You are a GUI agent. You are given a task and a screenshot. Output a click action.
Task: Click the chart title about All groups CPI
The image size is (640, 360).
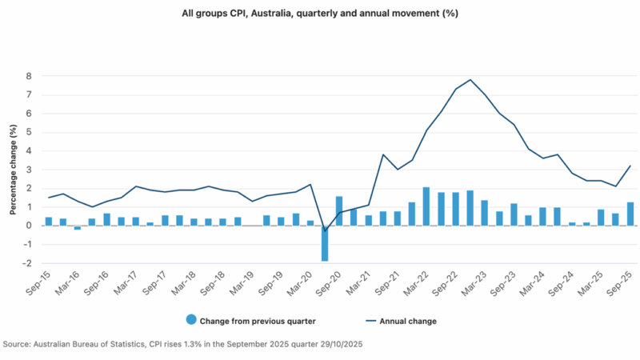click(x=320, y=14)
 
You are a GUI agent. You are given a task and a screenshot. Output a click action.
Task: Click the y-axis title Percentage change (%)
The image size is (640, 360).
click(x=13, y=169)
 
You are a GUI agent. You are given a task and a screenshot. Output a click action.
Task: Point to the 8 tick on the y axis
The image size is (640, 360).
click(x=28, y=76)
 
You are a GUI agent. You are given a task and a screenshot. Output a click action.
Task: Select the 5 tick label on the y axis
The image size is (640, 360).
click(x=28, y=132)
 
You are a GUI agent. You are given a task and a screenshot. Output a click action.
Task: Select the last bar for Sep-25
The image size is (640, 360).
click(x=630, y=214)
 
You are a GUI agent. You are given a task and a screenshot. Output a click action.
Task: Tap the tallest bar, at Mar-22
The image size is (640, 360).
click(x=426, y=206)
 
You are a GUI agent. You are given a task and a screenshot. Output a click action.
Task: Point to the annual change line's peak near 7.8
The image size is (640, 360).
click(x=470, y=80)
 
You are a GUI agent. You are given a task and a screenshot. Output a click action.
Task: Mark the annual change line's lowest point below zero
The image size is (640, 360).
click(x=325, y=231)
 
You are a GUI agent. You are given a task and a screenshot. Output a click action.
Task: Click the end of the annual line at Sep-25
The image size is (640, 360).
click(x=630, y=166)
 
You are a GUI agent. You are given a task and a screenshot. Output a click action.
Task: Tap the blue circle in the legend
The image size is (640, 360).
click(x=190, y=321)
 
